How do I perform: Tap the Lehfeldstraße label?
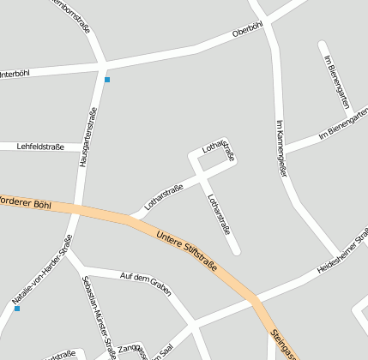click(x=40, y=147)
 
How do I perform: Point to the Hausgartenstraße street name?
click(x=87, y=135)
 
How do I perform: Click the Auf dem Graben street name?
click(x=142, y=279)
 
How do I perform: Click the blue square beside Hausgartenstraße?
click(x=107, y=80)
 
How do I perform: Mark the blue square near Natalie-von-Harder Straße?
click(x=16, y=309)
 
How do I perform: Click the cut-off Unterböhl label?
click(x=15, y=75)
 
